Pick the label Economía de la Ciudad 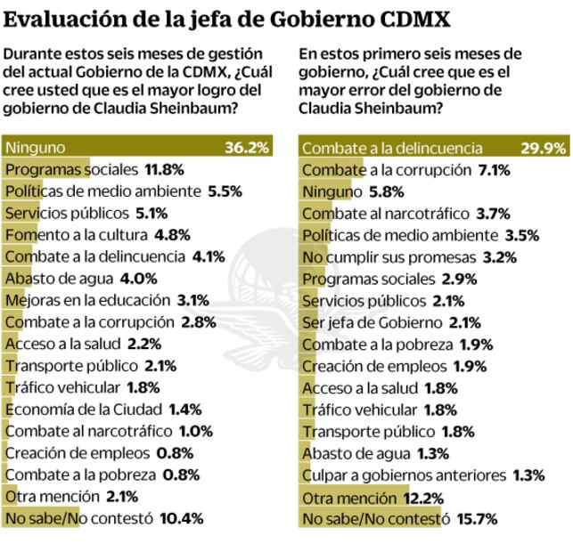coord(83,409)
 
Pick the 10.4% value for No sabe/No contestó coord(182,518)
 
